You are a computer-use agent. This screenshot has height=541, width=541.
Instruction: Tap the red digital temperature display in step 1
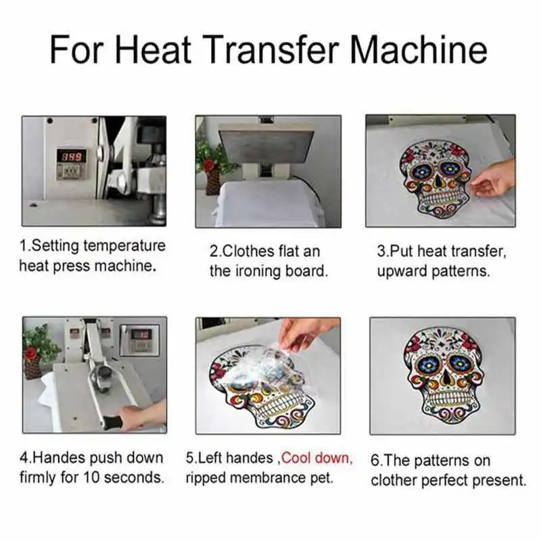pyautogui.click(x=70, y=156)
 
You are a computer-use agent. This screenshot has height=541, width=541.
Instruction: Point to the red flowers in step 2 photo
pyautogui.click(x=211, y=160)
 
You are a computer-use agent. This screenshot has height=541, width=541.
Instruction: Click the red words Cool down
pyautogui.click(x=316, y=458)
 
